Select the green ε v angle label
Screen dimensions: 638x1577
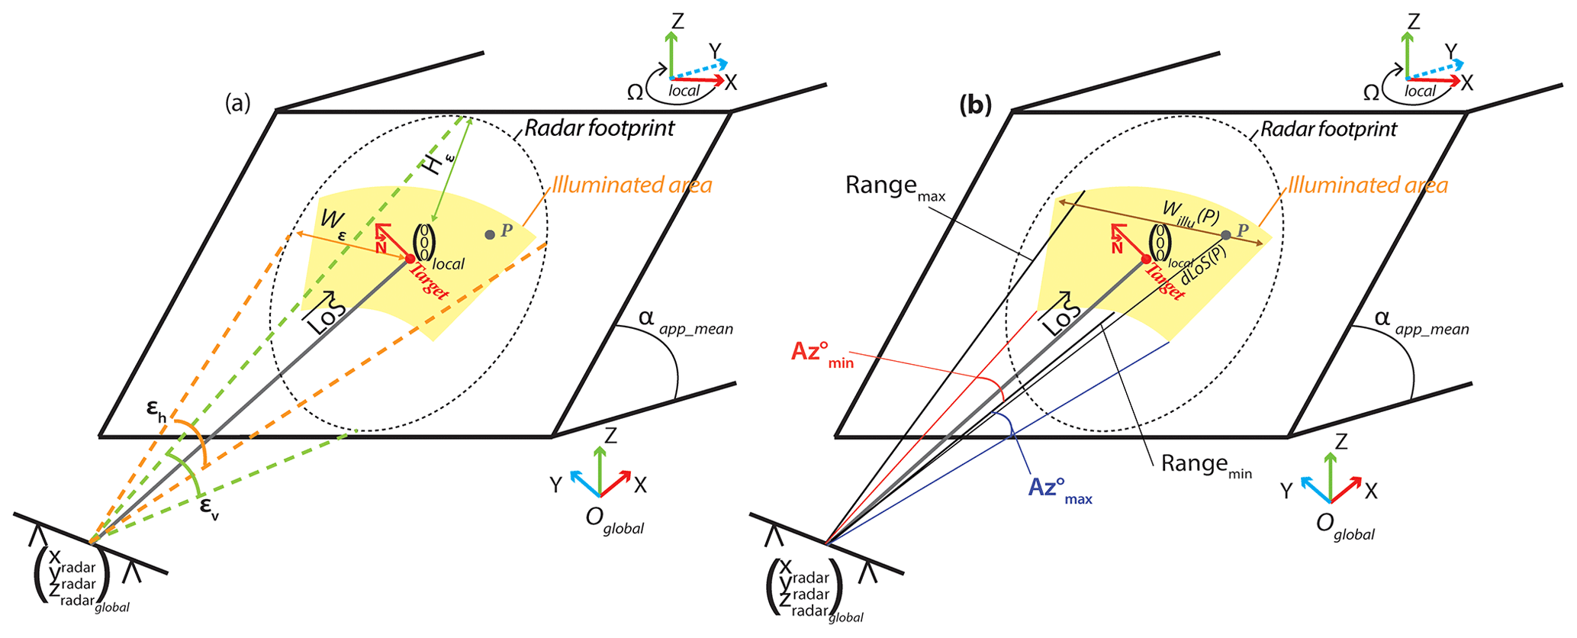coord(209,507)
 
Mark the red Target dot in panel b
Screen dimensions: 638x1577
coord(1146,259)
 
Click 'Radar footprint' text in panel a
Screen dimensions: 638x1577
coord(599,127)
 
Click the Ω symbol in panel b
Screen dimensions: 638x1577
coord(1371,93)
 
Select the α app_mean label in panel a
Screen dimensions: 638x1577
coord(684,321)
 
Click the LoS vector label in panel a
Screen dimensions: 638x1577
coord(326,313)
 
